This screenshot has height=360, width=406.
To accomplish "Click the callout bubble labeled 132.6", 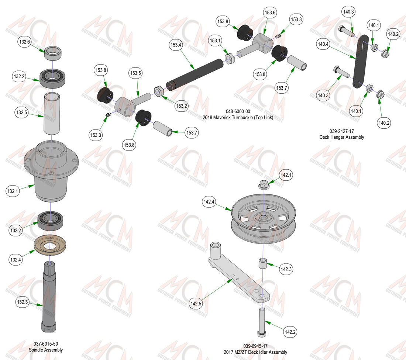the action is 25,42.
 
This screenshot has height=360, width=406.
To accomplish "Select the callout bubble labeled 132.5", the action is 21,112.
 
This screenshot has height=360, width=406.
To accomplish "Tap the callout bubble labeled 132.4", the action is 16,260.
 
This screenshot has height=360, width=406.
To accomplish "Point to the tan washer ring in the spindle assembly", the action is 50,245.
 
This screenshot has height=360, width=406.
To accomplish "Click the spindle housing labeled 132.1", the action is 51,171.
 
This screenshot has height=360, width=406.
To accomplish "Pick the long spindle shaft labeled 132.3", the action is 49,297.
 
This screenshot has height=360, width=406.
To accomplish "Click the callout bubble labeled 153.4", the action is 176,45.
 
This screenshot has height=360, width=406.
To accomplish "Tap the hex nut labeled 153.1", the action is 229,59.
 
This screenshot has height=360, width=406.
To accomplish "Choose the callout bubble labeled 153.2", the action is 182,106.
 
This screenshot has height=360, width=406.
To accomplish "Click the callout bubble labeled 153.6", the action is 270,13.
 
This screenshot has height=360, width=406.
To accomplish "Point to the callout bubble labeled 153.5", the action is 136,73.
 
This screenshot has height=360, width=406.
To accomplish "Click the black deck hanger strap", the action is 361,61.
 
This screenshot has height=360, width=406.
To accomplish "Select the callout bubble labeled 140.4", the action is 323,44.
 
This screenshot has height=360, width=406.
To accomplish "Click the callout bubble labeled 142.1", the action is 286,175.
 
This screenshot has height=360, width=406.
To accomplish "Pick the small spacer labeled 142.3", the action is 263,263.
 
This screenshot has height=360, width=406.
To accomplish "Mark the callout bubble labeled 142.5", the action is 196,304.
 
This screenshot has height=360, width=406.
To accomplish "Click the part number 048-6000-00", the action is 238,111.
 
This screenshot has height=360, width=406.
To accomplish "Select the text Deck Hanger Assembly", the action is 341,137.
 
